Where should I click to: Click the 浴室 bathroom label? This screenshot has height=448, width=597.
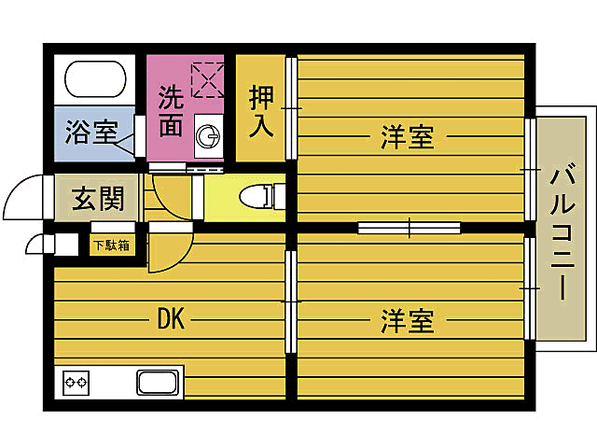(x=90, y=133)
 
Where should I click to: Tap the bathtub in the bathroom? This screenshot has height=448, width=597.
(x=94, y=81)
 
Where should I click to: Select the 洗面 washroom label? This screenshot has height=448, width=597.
(x=170, y=111)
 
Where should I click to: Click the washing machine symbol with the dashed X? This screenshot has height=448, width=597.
(x=207, y=79)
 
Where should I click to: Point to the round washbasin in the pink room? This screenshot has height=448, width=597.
(x=210, y=138)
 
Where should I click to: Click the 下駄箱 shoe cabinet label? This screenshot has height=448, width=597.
(x=110, y=246)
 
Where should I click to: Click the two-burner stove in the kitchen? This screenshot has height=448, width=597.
(x=76, y=383)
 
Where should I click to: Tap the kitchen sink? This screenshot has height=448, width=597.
(x=158, y=383)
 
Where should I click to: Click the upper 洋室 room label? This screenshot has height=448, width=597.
(x=408, y=138)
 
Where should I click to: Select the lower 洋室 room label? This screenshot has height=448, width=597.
(x=408, y=322)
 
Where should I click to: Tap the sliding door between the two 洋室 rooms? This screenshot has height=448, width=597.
(x=410, y=227)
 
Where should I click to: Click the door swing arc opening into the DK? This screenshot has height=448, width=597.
(x=168, y=252)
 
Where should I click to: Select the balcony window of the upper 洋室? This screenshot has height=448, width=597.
(x=530, y=168)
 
